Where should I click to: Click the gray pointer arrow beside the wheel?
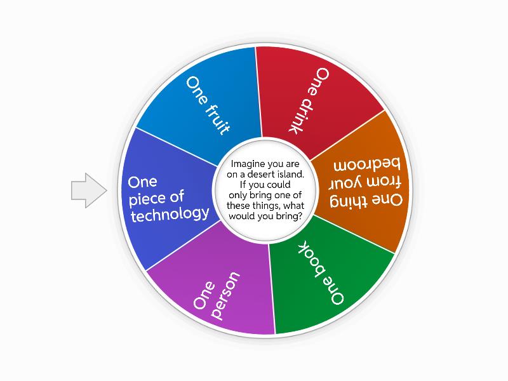click(x=89, y=190)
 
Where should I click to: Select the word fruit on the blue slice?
click(x=218, y=120)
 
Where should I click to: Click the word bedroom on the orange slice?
click(x=367, y=164)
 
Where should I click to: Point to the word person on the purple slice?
click(x=225, y=295)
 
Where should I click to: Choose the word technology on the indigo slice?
click(x=170, y=215)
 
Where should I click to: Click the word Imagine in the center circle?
click(x=246, y=164)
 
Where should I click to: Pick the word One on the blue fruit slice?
click(x=197, y=90)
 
